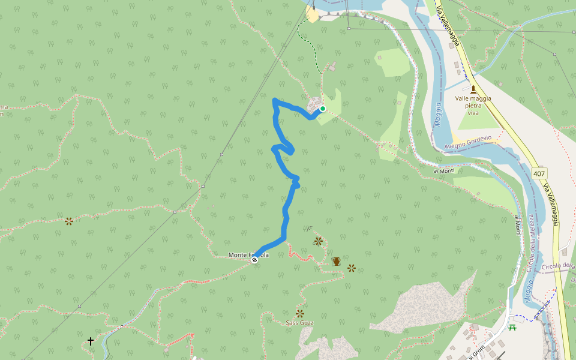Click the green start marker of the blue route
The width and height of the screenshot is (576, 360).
[323, 109]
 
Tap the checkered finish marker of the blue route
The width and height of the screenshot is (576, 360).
[255, 260]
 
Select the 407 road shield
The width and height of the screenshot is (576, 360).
[539, 173]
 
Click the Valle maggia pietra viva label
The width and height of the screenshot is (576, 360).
[473, 105]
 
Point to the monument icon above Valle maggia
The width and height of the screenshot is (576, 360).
[473, 89]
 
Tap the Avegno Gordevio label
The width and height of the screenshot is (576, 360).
[468, 142]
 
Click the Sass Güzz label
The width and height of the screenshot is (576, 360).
[299, 323]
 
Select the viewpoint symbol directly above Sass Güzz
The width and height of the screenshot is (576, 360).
[300, 313]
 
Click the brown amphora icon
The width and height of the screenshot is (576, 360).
[336, 262]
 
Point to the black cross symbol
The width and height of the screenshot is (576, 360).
[91, 341]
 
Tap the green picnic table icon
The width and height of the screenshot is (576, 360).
[512, 328]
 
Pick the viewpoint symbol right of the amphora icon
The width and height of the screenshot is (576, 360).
[352, 268]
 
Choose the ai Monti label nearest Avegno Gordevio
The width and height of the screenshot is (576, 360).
[444, 171]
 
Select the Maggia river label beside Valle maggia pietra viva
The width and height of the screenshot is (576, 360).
[438, 114]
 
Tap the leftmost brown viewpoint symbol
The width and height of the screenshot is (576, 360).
[69, 221]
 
